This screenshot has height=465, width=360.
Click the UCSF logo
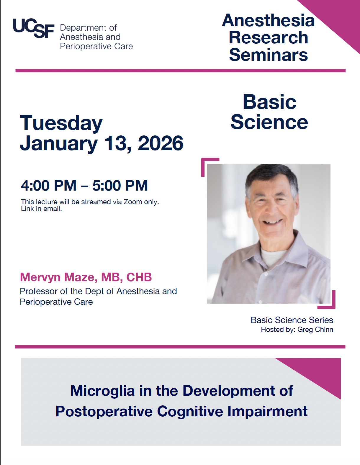(33, 29)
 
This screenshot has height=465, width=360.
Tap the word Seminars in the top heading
(268, 55)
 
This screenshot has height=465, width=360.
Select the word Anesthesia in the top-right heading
(268, 20)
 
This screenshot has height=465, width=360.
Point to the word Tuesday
(61, 123)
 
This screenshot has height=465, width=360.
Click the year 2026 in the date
(161, 143)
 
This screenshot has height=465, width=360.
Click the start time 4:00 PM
(49, 186)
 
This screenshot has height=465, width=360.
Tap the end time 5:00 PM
(120, 186)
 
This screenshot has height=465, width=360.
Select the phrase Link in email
(41, 209)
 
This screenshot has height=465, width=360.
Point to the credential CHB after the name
(139, 277)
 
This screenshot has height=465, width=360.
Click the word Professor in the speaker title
(39, 291)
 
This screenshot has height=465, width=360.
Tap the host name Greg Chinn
(315, 330)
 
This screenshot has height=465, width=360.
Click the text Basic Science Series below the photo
(292, 320)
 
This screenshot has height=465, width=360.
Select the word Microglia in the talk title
(102, 391)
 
